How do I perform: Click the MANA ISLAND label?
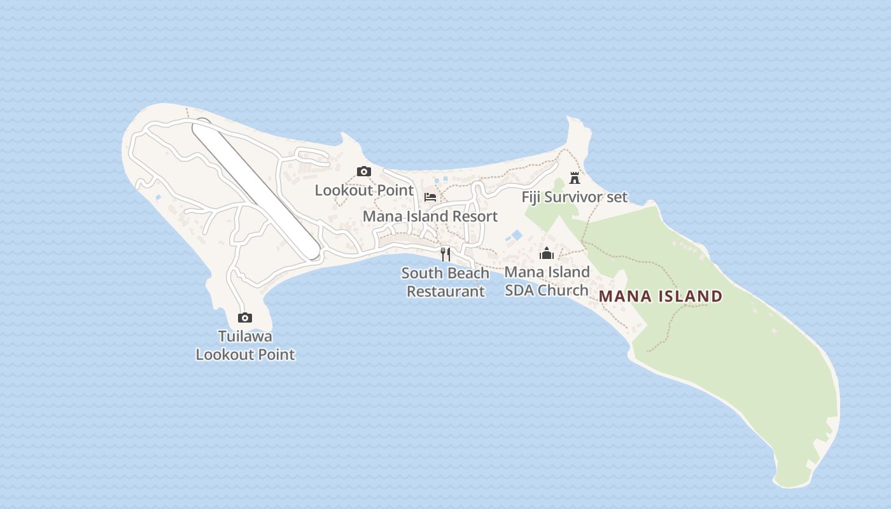point(661,296)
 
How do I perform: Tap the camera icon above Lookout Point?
point(364,171)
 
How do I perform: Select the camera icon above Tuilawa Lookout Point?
point(245,317)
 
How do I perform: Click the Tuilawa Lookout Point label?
point(245,345)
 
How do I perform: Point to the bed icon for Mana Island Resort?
point(430,197)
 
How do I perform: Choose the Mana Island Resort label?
point(430,216)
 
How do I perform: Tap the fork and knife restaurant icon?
point(445,254)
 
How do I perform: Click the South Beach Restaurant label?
point(445,282)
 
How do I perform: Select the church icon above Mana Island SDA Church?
point(547,254)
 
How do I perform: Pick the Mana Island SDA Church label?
point(547,281)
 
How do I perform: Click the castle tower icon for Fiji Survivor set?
point(575,178)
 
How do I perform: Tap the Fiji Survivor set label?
point(575,197)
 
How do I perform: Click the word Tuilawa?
point(245,336)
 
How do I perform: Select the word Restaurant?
point(445,291)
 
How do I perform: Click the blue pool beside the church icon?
point(516,235)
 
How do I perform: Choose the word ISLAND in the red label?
point(691,296)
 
